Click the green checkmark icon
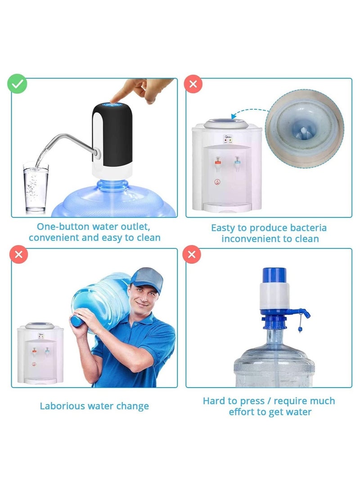(17, 84)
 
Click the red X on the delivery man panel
(18, 254)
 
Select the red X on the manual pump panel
(192, 254)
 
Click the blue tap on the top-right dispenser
(236, 161)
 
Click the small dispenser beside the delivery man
(40, 353)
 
